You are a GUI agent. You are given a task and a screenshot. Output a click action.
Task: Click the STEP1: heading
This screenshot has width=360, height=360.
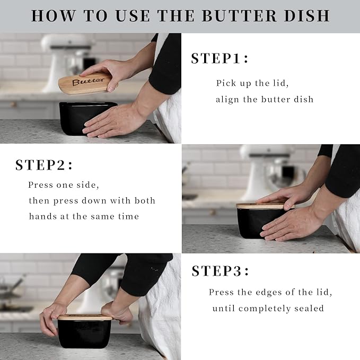[219, 59]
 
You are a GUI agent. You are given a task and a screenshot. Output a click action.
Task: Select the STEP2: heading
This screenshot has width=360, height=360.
[44, 165]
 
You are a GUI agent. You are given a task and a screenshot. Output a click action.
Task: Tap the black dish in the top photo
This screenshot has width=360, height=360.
[80, 118]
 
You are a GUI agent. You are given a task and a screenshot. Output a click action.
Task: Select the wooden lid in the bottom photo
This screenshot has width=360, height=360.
[85, 318]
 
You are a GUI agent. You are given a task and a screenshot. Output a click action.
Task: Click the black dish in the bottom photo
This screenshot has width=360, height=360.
[85, 334]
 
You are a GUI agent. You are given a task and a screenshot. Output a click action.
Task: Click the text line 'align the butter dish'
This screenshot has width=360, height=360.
[265, 99]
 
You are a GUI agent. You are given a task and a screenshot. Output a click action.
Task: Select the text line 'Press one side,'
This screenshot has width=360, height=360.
[64, 185]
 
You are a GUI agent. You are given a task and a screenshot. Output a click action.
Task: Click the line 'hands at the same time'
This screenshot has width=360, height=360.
[84, 216]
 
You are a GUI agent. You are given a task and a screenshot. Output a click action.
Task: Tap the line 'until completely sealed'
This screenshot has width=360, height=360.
[268, 308]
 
